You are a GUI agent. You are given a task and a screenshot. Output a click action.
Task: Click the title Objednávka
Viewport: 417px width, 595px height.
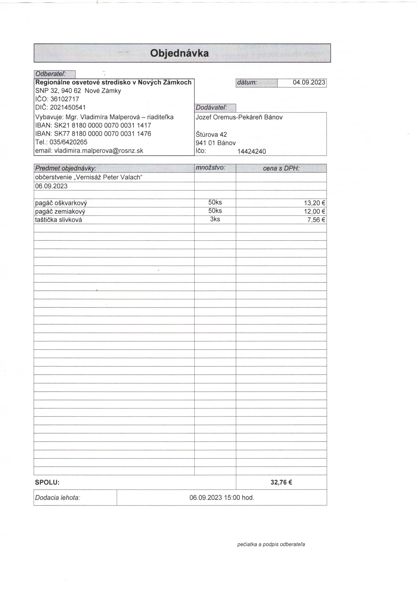point(179,53)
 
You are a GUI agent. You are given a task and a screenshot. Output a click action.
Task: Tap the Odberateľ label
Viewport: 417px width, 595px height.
point(51,74)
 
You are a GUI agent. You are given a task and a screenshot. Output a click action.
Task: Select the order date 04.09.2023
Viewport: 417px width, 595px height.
point(309,82)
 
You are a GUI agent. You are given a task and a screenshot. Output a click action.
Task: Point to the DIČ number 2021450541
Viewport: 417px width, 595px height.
point(68,107)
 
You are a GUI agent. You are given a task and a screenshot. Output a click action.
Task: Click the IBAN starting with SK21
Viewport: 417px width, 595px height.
point(102,126)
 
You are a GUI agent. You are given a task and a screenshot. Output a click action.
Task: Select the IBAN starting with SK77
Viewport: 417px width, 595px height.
point(102,134)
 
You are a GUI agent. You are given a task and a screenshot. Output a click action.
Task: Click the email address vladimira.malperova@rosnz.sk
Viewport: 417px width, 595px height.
point(99,151)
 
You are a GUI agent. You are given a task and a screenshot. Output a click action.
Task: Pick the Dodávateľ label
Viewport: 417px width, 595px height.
point(211,108)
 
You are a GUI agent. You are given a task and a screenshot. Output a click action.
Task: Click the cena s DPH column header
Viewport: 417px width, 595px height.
point(281,168)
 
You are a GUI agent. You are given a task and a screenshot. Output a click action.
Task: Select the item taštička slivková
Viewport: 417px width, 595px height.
point(59,220)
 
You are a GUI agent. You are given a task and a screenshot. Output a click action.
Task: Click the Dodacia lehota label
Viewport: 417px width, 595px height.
point(57,498)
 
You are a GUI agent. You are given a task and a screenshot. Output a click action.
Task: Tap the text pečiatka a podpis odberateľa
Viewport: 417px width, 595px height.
point(271,544)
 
